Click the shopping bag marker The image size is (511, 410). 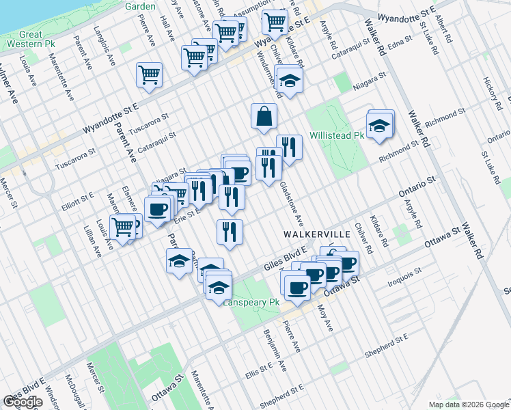[x=264, y=117]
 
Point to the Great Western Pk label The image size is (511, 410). [x=31, y=39]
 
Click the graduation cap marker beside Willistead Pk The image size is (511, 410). [x=378, y=126]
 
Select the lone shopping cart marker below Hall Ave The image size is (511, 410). [x=148, y=74]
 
